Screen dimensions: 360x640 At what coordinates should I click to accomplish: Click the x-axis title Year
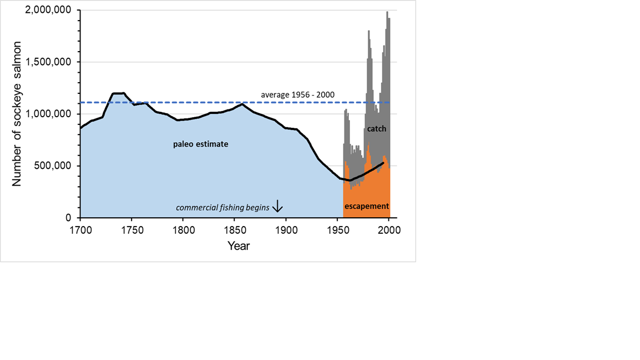[238, 246]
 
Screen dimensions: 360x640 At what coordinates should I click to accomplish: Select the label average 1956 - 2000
[298, 95]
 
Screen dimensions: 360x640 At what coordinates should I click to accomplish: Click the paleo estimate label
[201, 144]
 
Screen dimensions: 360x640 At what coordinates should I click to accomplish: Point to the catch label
[376, 128]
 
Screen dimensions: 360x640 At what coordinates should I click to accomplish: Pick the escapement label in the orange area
[367, 206]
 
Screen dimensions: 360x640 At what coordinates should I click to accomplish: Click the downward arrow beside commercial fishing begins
[278, 207]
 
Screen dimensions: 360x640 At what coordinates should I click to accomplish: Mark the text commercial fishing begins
[223, 208]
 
